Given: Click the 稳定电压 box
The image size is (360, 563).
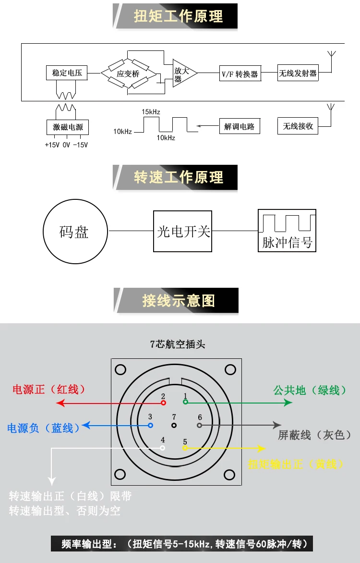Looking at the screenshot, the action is (67, 73).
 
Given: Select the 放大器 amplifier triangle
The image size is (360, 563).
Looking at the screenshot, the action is (184, 73).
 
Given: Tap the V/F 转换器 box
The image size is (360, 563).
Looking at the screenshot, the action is (240, 73).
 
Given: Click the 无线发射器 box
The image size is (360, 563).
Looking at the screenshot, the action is (298, 73).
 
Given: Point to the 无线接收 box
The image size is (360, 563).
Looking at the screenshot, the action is (298, 126).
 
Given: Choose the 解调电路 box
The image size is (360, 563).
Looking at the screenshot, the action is (240, 126).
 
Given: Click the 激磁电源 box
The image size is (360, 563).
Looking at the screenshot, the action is (68, 127).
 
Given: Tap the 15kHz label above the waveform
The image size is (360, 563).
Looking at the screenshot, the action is (151, 112).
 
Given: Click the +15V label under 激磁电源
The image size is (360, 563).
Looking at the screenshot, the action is (52, 145).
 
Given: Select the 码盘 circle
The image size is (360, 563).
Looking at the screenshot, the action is (75, 232).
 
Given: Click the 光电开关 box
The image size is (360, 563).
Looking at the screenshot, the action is (183, 231).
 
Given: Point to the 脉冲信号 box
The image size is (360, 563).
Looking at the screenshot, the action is (287, 231).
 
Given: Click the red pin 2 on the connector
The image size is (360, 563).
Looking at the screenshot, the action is (163, 403).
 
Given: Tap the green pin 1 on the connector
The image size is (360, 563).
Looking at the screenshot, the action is (186, 402).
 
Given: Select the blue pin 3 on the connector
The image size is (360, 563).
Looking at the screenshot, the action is (150, 426).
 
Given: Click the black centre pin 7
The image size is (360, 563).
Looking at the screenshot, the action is (174, 426).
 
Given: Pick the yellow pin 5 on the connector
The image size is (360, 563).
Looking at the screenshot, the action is (185, 448).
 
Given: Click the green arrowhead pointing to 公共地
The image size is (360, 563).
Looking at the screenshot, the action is (288, 403).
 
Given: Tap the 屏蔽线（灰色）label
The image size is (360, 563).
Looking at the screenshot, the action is (314, 435).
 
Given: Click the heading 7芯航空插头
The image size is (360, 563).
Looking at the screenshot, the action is (178, 344).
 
